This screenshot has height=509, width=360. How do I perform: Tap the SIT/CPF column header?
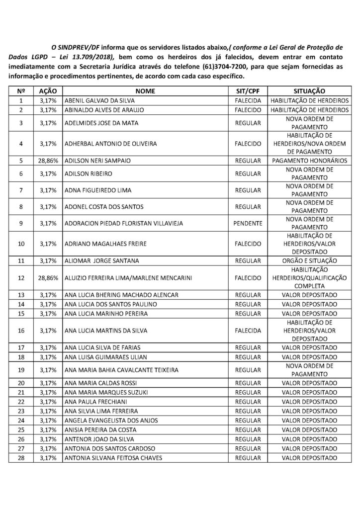click(248, 91)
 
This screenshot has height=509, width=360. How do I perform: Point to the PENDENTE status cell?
click(248, 224)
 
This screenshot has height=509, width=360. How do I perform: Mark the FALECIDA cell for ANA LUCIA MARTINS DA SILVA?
click(248, 330)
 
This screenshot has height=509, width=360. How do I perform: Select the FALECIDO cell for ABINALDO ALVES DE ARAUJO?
click(248, 109)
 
